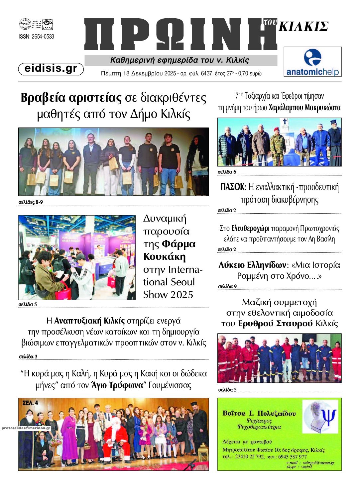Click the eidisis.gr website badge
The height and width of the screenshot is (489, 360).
coord(51,68)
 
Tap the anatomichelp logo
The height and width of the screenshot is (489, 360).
coord(312,62)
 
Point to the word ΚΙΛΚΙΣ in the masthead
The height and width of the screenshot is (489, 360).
coord(303,27)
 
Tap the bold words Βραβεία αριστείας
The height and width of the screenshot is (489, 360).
coord(71,98)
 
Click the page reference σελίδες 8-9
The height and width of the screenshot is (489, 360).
coord(31,202)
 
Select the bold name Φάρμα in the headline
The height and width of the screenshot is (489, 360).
coord(179,244)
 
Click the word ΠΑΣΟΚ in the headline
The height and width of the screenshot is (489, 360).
coord(232,187)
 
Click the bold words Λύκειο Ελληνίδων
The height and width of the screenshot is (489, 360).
coord(252,265)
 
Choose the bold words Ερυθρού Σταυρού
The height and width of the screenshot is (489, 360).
coord(276,324)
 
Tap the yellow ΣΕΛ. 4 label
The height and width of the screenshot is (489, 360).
coord(30,403)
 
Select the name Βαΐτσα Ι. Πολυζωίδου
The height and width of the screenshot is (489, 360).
coord(259,414)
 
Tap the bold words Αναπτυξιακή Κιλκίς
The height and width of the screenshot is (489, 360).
coord(89,321)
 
